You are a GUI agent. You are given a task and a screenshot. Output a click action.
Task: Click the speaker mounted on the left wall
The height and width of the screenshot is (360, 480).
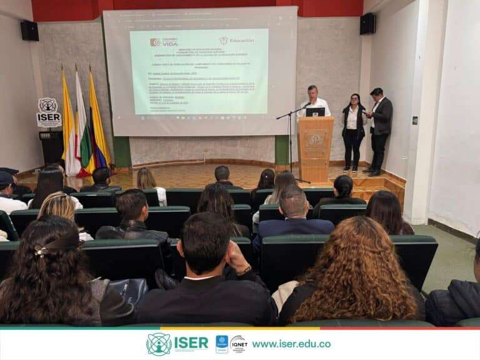pos(29,31)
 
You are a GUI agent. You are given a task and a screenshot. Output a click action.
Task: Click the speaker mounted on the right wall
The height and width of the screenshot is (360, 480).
pos(368,24)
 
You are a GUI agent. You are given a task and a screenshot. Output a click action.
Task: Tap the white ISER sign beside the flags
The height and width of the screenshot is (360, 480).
pos(48,112)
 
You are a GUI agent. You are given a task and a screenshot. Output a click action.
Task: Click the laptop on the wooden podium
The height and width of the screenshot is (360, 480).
pos(315,112)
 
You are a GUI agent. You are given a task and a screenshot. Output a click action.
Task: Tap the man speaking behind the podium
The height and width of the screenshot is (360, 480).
pos(313,101)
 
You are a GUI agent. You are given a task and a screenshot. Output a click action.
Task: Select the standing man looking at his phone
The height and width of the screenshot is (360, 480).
pos(379,128)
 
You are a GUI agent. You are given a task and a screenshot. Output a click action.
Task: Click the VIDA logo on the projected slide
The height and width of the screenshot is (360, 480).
pos(164,42)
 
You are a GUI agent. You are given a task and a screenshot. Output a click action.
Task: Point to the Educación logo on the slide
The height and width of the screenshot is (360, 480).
pos(237,41)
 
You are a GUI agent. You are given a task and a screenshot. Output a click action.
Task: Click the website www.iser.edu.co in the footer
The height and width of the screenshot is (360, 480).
pos(291,344)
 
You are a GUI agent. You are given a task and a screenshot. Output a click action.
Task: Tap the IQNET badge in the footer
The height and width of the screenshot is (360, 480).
pos(238,344)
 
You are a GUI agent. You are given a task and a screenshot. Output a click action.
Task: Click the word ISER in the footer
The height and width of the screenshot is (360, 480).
pos(191,343)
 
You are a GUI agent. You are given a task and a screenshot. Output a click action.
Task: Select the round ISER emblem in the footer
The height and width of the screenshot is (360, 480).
pos(159,344)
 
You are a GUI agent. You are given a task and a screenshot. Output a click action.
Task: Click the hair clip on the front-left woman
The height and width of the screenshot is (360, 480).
pos(42,251)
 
